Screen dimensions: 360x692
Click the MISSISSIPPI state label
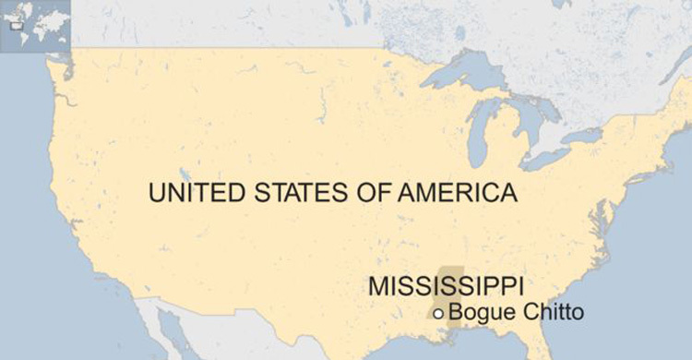tap(446, 285)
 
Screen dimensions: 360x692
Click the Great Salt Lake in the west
tap(184, 174)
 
